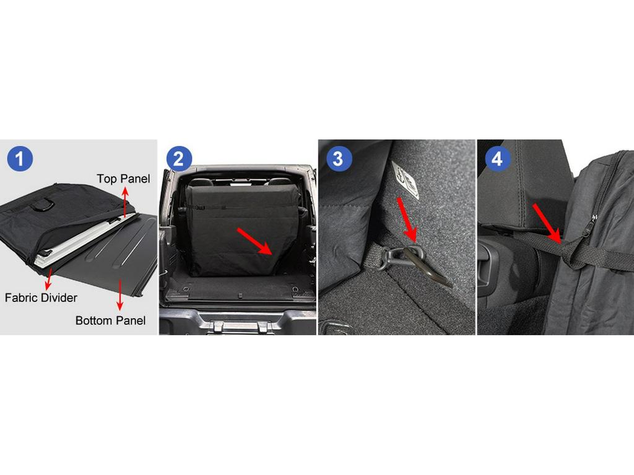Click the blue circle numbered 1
point(20,158)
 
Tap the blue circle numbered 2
point(178,158)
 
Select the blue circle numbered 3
point(338,158)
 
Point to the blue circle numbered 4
point(497,158)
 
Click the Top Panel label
point(123,179)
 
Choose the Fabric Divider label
point(41,297)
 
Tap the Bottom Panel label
point(110,320)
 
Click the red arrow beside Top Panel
point(125,202)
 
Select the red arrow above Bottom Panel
point(119,294)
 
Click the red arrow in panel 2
point(254,241)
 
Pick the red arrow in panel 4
point(547,224)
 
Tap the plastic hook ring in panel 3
point(390,257)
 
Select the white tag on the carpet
point(406,180)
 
